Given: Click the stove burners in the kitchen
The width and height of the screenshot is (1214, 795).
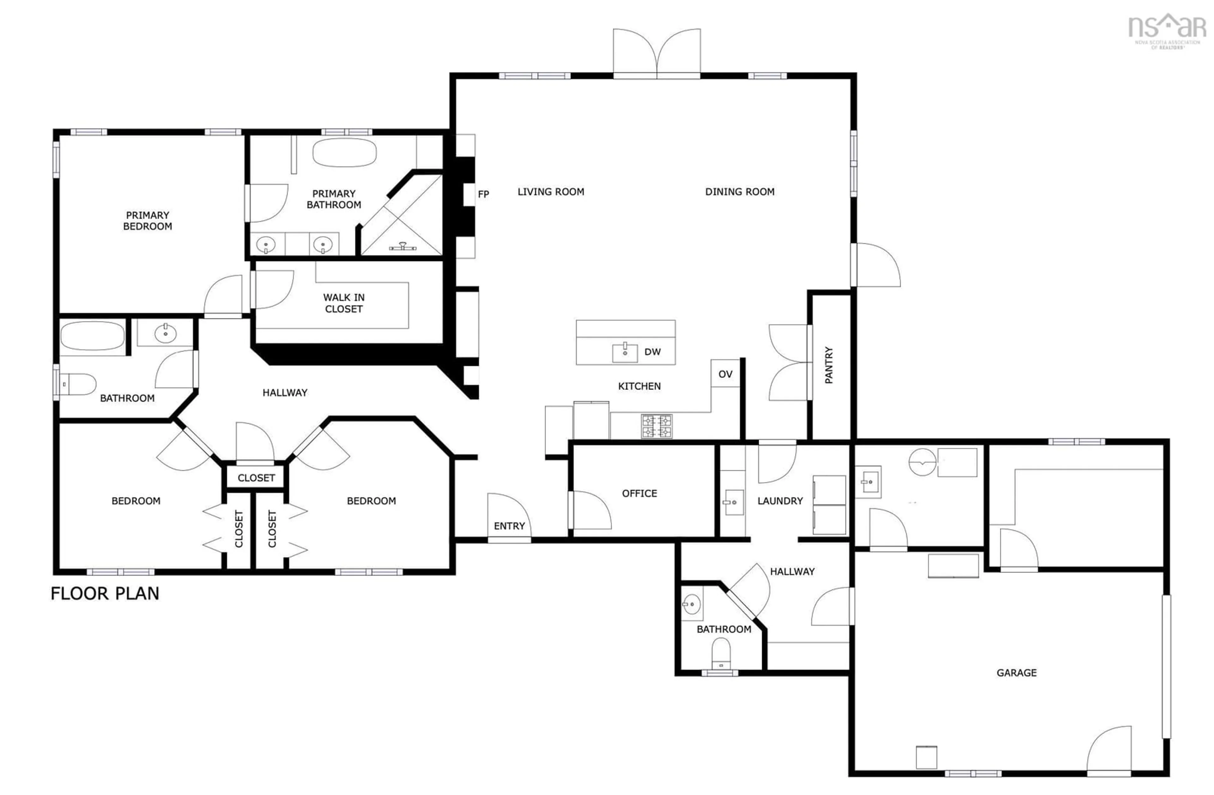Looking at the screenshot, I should (657, 426).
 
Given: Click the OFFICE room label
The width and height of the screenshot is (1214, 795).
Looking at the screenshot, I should (639, 494).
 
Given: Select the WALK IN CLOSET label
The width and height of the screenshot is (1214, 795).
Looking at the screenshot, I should (344, 303).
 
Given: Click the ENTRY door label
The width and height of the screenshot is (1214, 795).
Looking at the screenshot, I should (509, 526).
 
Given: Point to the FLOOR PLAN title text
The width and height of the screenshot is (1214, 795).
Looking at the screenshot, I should (105, 593).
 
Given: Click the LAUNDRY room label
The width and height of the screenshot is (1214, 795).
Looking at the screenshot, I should (780, 501).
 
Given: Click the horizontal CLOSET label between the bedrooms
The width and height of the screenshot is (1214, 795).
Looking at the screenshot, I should (256, 478).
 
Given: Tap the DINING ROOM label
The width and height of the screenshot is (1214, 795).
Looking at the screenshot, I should (739, 192).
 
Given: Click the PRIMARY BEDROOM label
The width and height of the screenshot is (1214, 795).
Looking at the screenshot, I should (147, 221).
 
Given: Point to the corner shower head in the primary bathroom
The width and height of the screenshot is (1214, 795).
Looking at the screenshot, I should (403, 247).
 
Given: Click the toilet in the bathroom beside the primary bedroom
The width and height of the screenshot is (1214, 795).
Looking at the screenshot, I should (79, 384).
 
